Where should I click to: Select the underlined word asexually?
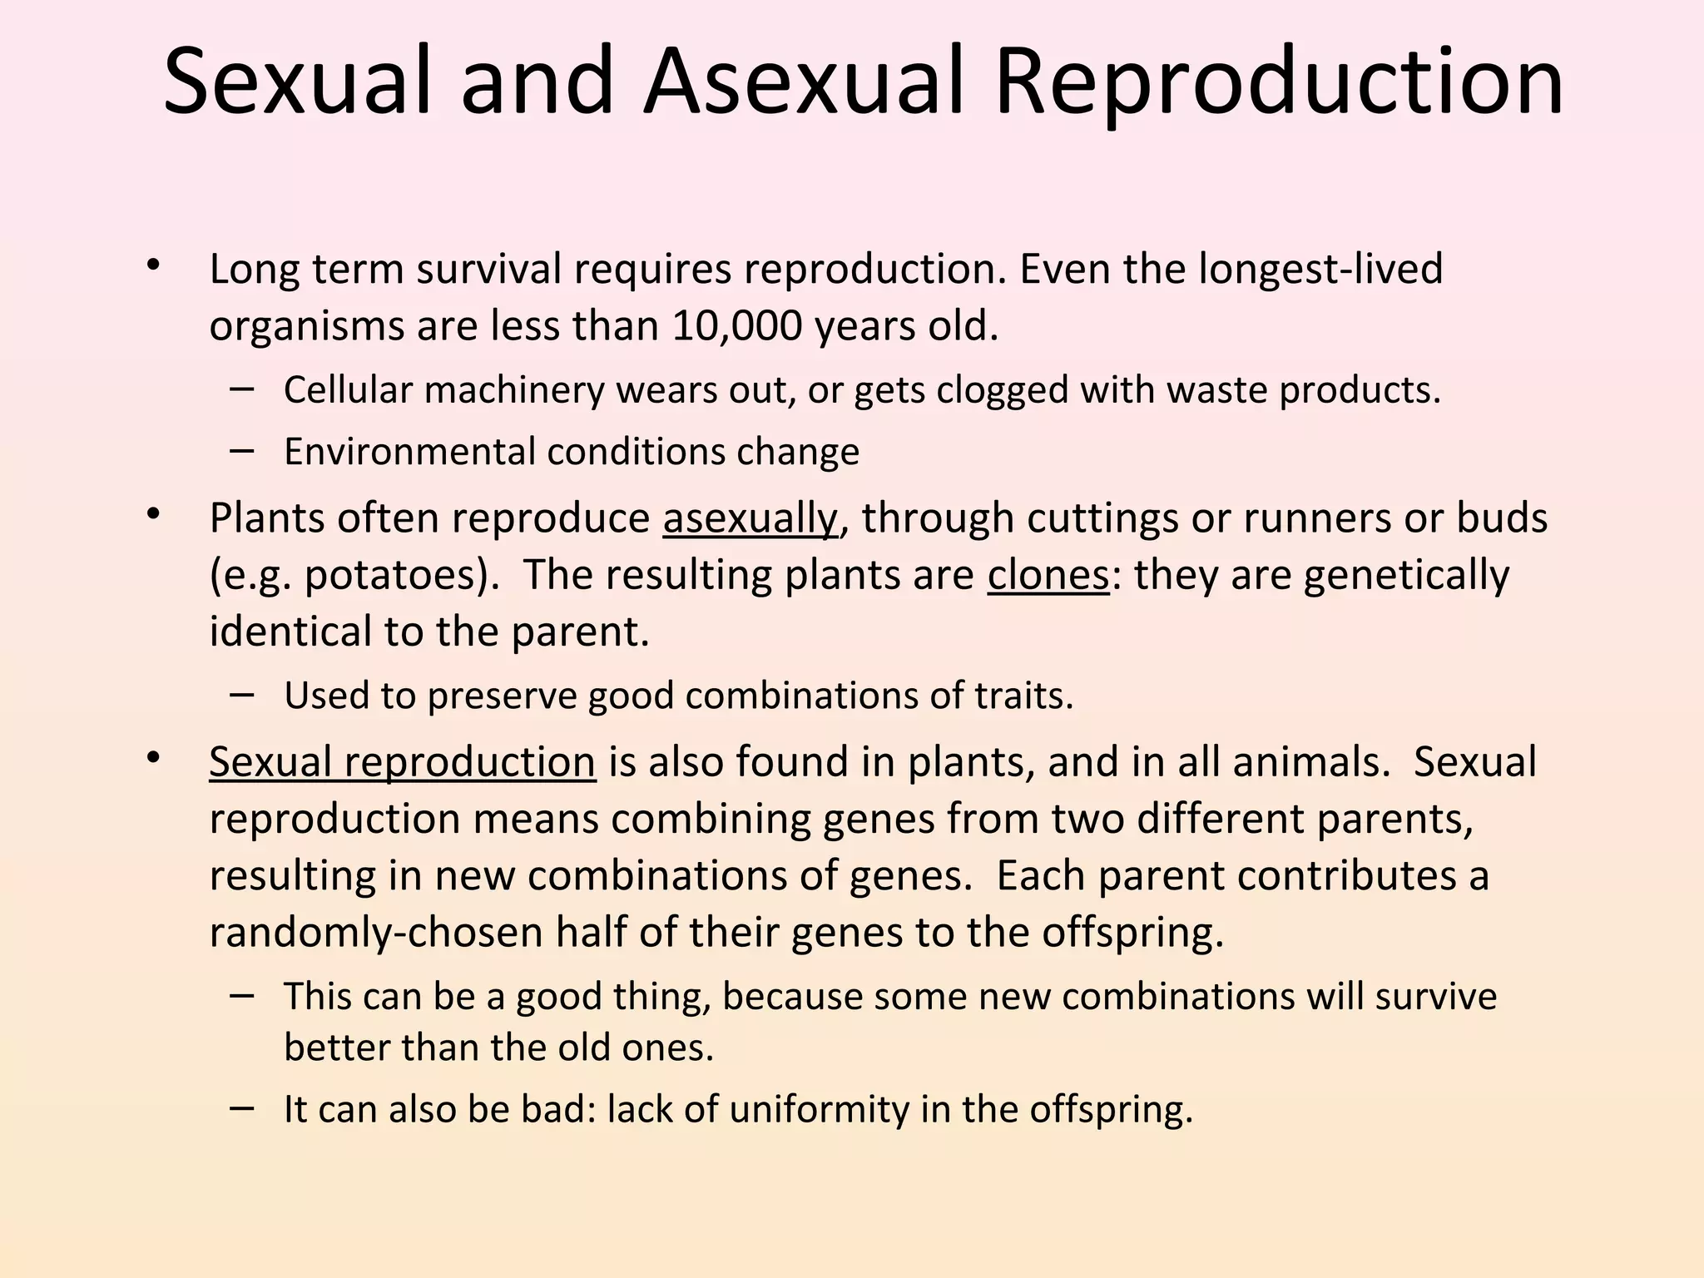tap(750, 518)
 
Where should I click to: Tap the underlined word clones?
tap(1048, 575)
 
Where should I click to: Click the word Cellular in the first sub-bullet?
tap(348, 390)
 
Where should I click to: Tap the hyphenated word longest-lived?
tap(1320, 270)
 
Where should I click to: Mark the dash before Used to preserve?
tap(242, 694)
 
